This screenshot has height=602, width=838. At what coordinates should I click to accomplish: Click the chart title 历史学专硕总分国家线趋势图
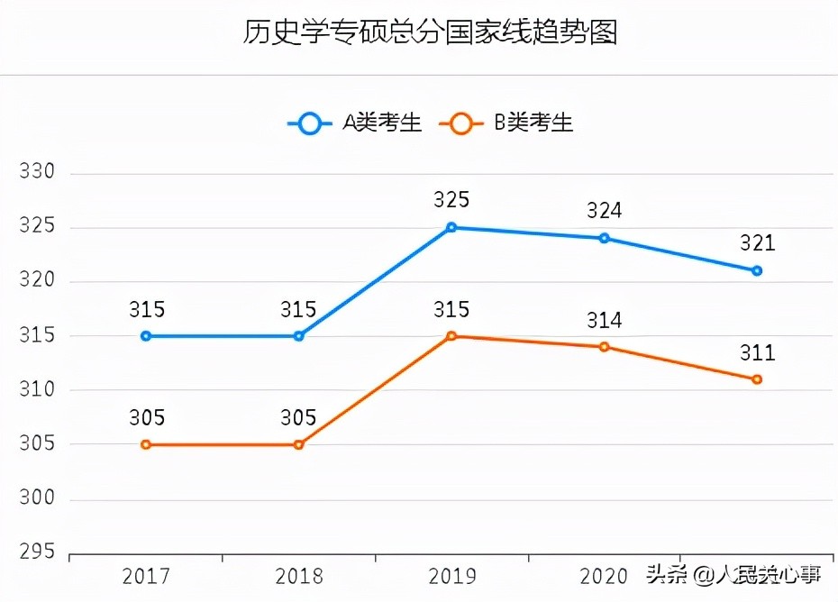click(x=430, y=32)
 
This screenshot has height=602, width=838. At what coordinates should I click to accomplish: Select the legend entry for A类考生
click(x=356, y=123)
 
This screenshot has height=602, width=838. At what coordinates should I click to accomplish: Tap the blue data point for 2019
click(x=451, y=227)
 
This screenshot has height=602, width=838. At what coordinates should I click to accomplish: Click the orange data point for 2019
click(x=451, y=336)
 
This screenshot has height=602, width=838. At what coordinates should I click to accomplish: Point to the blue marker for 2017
click(x=146, y=336)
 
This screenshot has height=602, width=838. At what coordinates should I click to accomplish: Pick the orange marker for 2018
click(x=298, y=444)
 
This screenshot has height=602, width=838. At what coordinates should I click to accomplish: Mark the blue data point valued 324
click(x=605, y=238)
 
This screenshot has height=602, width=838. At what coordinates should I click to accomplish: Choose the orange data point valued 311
click(x=757, y=379)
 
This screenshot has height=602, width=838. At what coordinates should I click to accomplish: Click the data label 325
click(x=451, y=200)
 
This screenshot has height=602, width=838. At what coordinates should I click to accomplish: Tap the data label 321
click(x=757, y=243)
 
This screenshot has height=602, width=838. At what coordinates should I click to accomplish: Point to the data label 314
click(x=605, y=320)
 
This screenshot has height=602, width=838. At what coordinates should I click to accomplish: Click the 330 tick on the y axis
click(x=37, y=172)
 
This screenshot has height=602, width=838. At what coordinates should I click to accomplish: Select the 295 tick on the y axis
click(x=37, y=552)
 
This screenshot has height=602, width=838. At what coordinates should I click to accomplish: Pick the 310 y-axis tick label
click(x=37, y=390)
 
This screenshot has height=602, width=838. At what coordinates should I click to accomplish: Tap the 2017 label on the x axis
click(x=146, y=576)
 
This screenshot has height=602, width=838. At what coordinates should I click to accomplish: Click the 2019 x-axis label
click(x=451, y=576)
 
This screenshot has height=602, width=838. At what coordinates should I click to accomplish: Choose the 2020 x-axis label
click(x=604, y=576)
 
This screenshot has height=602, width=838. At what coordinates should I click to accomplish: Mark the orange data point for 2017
click(x=146, y=444)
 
